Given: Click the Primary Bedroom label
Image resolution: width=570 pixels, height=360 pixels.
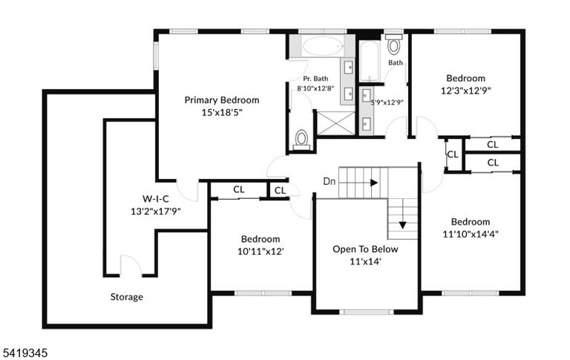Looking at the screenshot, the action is [x=222, y=100].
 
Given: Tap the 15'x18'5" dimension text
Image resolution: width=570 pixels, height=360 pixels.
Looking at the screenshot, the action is [x=222, y=112].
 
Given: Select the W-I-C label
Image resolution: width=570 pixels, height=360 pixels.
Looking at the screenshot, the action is [x=156, y=199].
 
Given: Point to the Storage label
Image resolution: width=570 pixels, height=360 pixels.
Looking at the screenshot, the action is [x=126, y=297].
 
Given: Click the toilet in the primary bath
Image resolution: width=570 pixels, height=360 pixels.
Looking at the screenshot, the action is [x=301, y=140].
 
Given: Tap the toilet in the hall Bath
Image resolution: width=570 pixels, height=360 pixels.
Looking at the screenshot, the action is [x=393, y=45].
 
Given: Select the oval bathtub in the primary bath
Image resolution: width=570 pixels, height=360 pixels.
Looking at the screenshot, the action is [x=323, y=47].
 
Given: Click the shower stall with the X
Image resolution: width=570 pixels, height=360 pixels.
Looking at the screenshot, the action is [x=335, y=123].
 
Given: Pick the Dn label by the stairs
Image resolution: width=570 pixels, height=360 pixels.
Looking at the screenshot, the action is [x=330, y=181].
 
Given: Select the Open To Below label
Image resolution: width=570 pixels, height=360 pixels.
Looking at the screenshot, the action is [x=365, y=249].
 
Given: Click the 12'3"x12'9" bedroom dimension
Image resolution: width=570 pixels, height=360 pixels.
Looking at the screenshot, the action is [x=465, y=91].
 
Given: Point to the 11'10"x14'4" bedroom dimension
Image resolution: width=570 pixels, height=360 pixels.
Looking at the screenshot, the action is [x=471, y=234].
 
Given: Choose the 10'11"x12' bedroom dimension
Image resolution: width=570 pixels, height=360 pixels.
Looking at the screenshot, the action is [x=261, y=252].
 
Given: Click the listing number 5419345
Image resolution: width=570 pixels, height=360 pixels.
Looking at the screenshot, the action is [x=25, y=353].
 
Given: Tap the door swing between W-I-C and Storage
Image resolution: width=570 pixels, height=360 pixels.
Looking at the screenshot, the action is [x=131, y=266].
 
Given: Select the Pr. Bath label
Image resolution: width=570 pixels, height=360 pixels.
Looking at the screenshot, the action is [x=315, y=79].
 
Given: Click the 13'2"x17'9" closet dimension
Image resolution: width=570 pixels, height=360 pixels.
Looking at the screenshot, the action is [x=156, y=212].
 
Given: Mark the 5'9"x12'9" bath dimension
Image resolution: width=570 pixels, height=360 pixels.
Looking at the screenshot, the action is [x=387, y=102].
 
